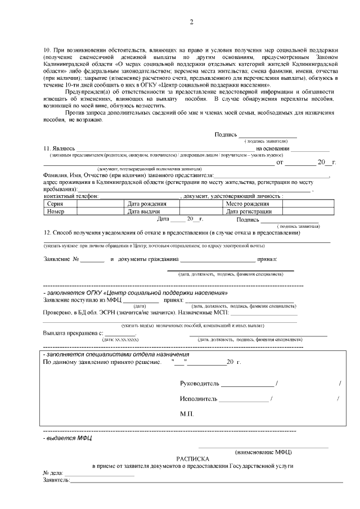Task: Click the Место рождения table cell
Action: point(247,204)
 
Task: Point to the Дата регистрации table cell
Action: point(249,211)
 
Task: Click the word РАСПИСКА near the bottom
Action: point(192,458)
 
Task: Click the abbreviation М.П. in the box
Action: point(187,413)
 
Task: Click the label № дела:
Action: point(53,474)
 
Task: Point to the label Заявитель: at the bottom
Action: point(56,481)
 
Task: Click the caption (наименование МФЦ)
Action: point(263,452)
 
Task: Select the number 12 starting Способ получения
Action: point(47,232)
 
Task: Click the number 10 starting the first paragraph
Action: point(47,51)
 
